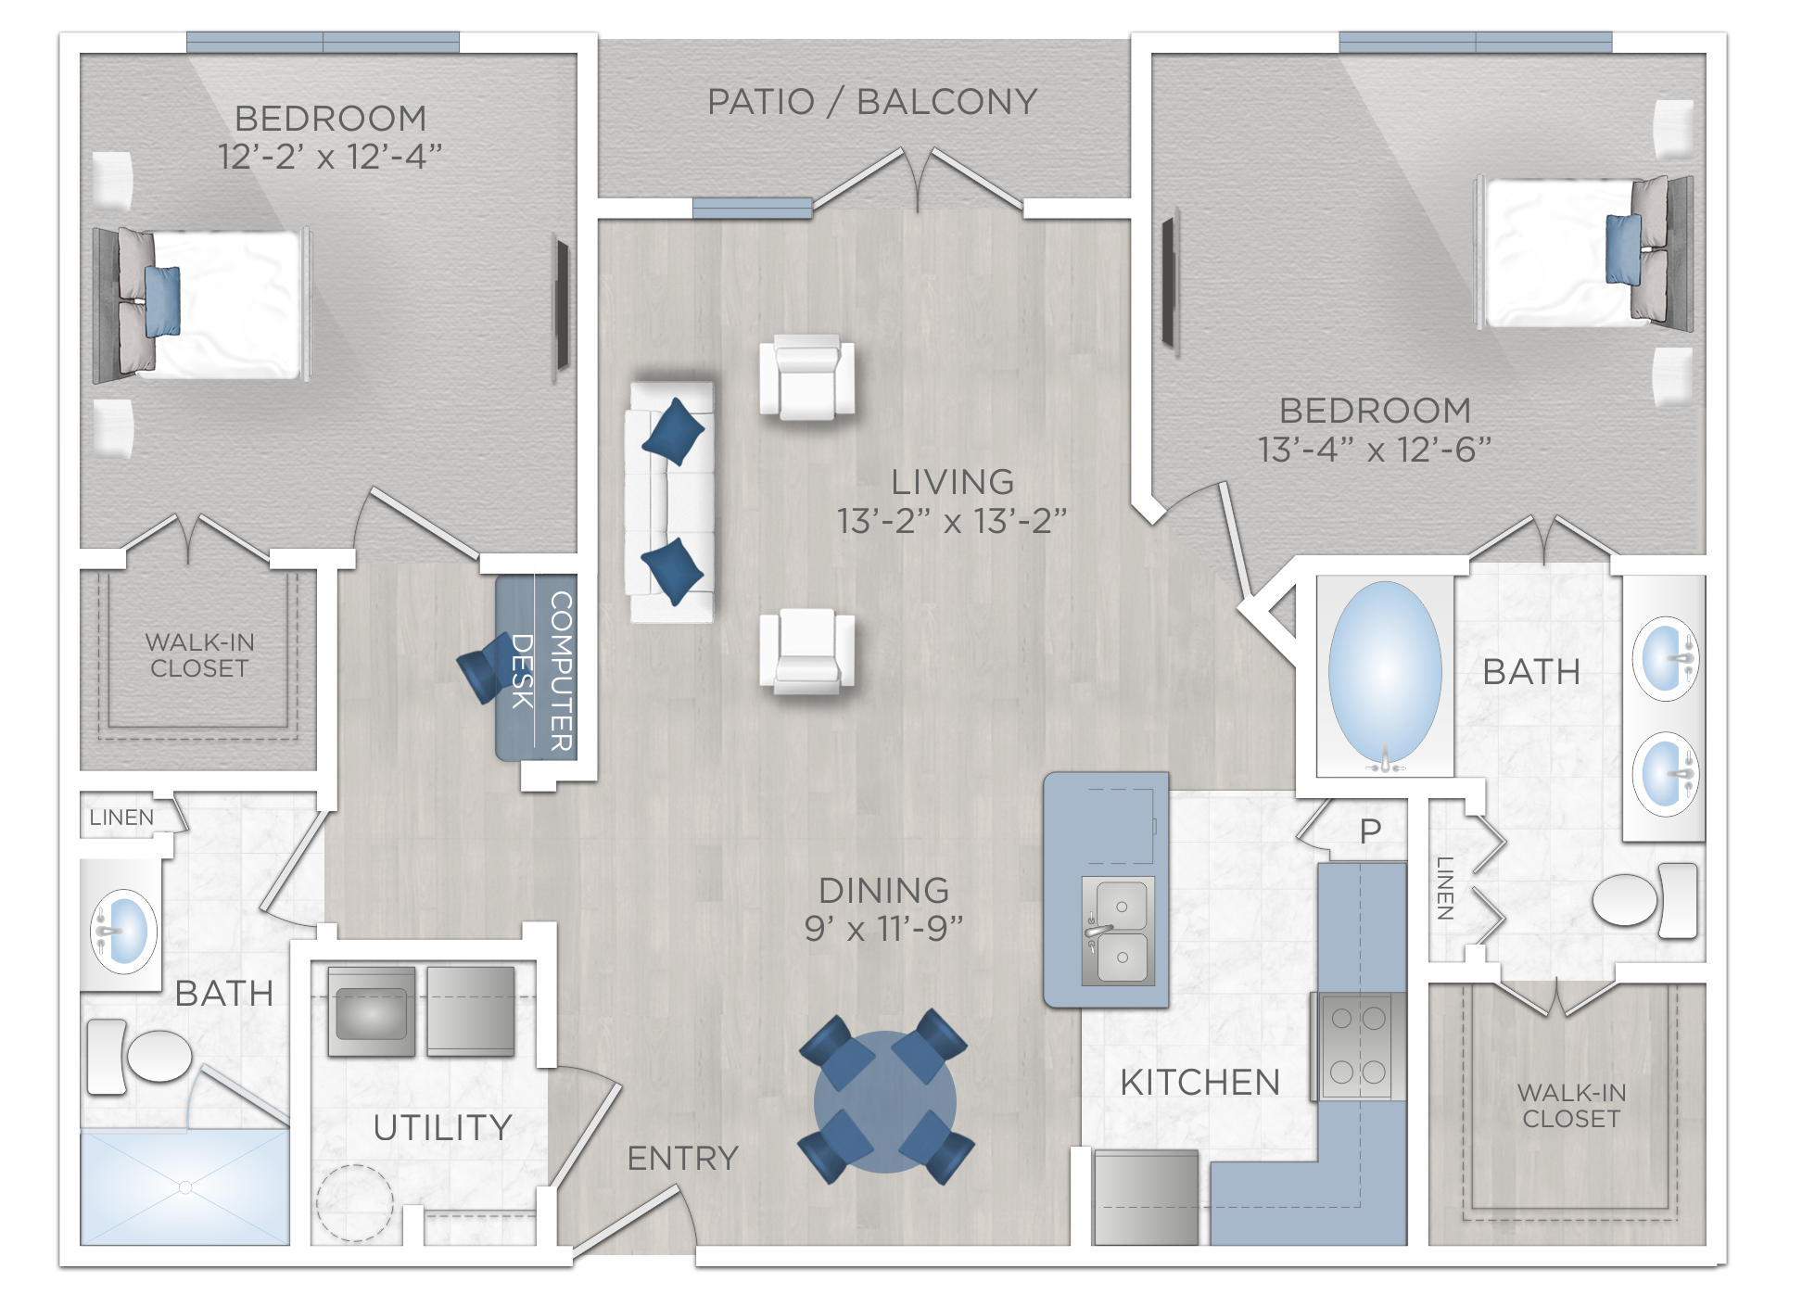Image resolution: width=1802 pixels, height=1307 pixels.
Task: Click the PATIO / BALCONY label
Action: tap(871, 102)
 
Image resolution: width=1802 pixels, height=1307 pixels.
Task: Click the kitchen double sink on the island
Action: tap(1120, 931)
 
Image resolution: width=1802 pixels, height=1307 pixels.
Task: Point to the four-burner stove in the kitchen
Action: tap(1358, 1046)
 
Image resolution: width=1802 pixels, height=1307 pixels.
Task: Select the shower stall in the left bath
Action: tap(184, 1187)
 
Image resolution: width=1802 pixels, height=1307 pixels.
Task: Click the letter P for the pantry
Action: tap(1370, 831)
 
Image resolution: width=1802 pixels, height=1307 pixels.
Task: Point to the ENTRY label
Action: tap(682, 1158)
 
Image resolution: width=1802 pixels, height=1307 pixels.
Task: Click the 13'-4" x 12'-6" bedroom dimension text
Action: tap(1374, 450)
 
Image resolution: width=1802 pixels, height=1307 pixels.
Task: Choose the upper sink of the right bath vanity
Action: tap(1666, 658)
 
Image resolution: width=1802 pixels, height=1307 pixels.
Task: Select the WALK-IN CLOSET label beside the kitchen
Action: tap(1571, 1105)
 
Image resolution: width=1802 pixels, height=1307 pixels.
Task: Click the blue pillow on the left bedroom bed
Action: tap(163, 300)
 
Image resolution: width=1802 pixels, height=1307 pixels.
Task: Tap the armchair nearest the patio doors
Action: tap(806, 375)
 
